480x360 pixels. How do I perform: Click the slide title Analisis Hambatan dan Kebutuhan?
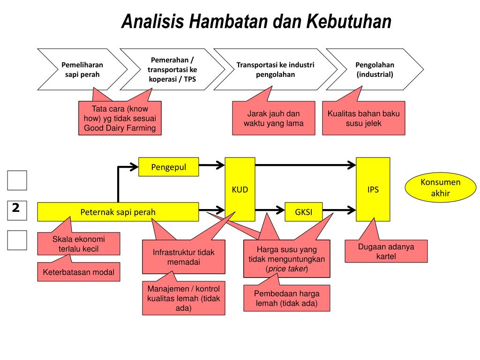256,22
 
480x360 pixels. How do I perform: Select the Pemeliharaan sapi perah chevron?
82,69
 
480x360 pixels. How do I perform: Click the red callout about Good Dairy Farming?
120,119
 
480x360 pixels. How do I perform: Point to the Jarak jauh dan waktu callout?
273,119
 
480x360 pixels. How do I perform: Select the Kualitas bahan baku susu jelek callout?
364,119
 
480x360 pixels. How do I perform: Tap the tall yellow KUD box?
240,190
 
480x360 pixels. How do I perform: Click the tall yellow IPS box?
373,190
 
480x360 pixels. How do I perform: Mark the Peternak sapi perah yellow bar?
118,212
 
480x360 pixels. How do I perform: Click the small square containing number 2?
17,210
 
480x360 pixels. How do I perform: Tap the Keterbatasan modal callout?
78,272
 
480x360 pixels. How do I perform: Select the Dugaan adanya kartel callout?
386,251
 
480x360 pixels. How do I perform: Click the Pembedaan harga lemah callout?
286,298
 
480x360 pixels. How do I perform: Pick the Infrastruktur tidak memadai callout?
184,257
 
